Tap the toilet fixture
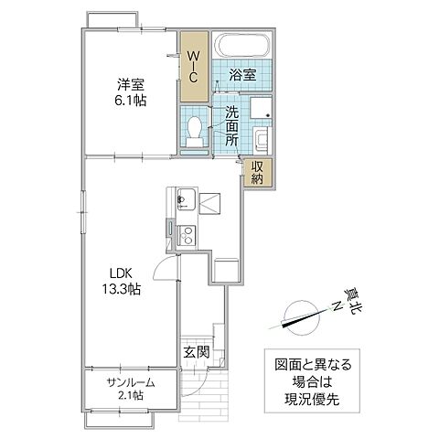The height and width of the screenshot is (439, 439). (x=194, y=129)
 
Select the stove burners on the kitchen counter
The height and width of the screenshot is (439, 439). (x=185, y=233)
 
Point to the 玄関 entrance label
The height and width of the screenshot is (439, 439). (x=195, y=352)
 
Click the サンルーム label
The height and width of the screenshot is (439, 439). (x=127, y=381)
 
